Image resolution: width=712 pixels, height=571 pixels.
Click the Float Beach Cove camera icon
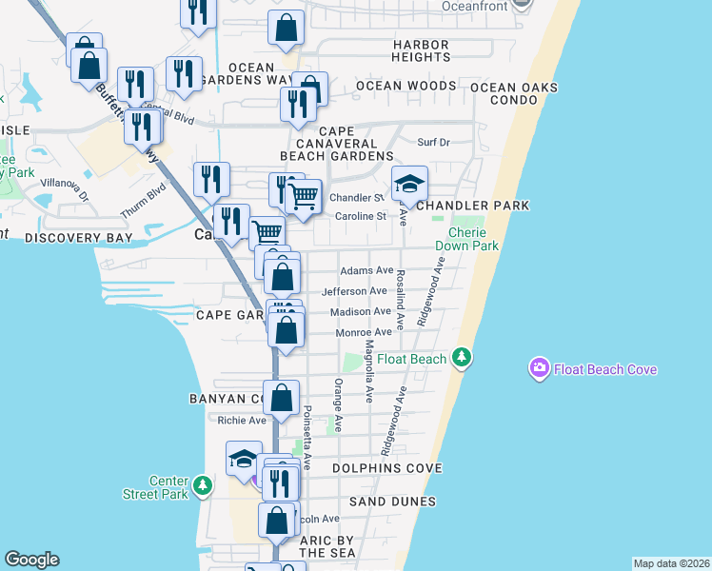(x=540, y=368)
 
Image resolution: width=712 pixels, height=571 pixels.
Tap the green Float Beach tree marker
(x=462, y=358)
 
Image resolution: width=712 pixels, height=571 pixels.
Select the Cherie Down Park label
(x=466, y=239)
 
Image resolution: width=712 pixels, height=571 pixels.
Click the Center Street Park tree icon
(x=202, y=486)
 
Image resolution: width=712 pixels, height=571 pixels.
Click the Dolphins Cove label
(x=387, y=468)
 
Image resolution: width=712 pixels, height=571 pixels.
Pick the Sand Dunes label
(x=392, y=502)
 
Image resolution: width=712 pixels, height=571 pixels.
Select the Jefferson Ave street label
(x=354, y=291)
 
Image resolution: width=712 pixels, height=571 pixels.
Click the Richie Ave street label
(x=242, y=420)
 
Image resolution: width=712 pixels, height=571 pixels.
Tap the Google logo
(x=31, y=560)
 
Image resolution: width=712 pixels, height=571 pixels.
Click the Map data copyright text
(x=671, y=563)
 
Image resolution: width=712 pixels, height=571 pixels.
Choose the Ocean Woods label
(x=406, y=86)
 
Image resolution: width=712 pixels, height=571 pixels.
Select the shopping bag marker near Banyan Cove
(x=282, y=398)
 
